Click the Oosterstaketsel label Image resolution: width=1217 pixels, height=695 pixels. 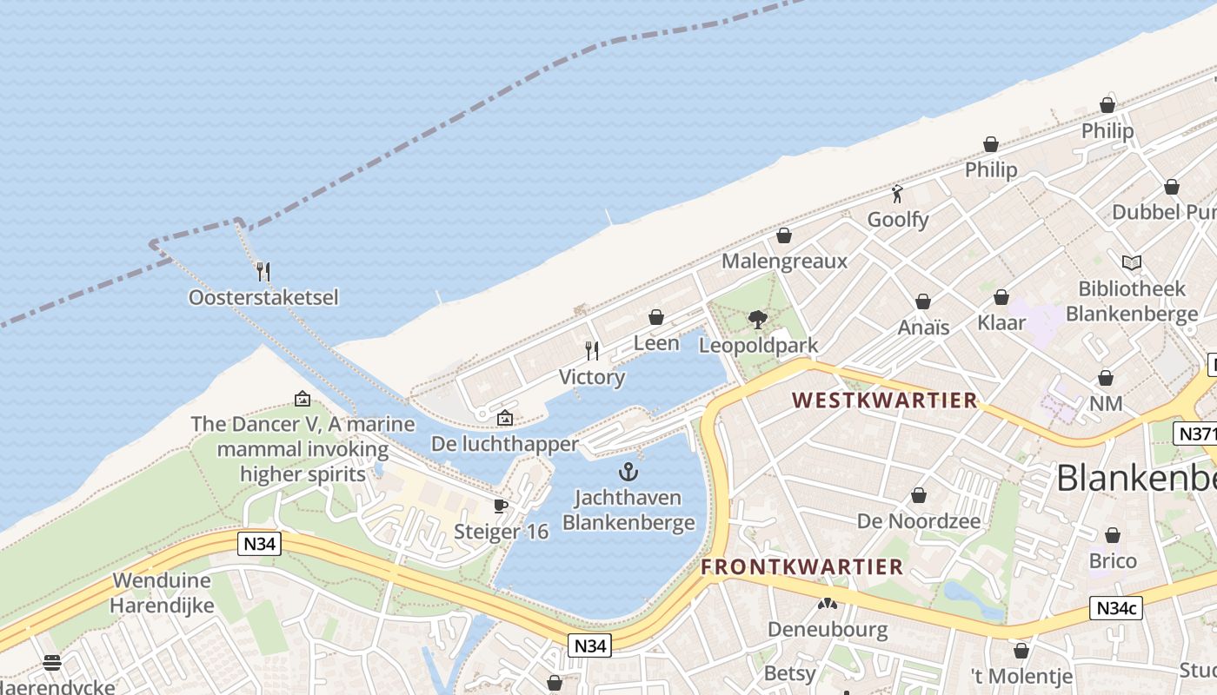tap(263, 298)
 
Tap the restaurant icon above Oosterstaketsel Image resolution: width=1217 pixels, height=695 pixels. tap(263, 271)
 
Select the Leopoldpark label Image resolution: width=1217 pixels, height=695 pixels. tap(758, 346)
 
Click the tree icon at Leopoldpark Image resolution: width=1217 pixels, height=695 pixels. tap(758, 319)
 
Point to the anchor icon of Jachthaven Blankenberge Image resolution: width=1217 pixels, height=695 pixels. tap(628, 473)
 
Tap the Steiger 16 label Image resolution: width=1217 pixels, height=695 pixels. tap(502, 532)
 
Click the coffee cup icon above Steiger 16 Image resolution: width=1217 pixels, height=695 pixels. tap(500, 506)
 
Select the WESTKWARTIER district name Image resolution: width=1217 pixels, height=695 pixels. tap(885, 400)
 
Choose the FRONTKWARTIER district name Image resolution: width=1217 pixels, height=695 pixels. tap(802, 567)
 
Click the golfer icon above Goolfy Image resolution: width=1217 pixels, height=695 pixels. tap(897, 194)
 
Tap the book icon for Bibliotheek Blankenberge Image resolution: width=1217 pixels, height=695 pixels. tap(1131, 262)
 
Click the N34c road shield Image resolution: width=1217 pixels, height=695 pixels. tap(1116, 608)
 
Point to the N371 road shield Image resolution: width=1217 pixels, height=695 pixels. tap(1194, 434)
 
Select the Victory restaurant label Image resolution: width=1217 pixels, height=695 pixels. tap(592, 377)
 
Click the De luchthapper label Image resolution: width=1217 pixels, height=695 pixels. tap(505, 444)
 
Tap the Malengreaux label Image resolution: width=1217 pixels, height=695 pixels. tap(784, 261)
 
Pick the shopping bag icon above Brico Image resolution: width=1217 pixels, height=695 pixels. tap(1113, 535)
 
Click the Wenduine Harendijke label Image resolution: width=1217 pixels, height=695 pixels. tap(163, 592)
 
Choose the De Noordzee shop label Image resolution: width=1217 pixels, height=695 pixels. tap(919, 521)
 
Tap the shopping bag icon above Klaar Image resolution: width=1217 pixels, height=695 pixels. tap(1001, 297)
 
